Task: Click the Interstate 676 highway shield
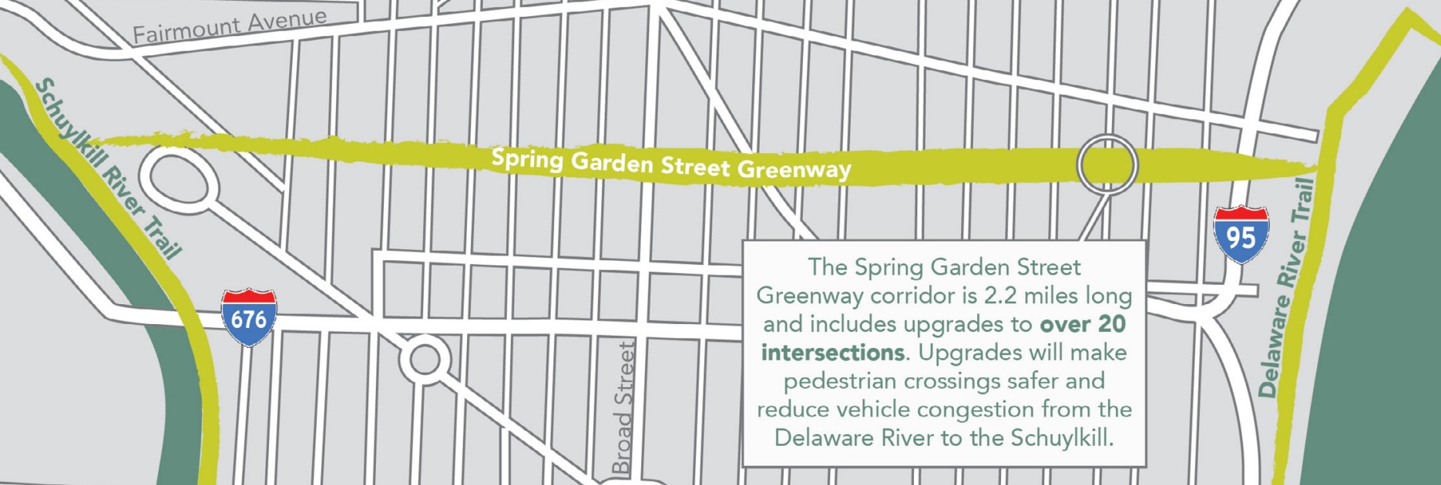pyautogui.click(x=248, y=316)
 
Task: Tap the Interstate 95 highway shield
pyautogui.click(x=1241, y=234)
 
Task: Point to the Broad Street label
pyautogui.click(x=624, y=408)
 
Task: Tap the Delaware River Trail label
pyautogui.click(x=1286, y=288)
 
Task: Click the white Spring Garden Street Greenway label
pyautogui.click(x=671, y=163)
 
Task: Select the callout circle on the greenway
pyautogui.click(x=1107, y=164)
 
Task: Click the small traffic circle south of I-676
pyautogui.click(x=424, y=359)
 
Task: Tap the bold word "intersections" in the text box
pyautogui.click(x=832, y=353)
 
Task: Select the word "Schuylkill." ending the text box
pyautogui.click(x=1063, y=438)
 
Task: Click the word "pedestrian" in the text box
pyautogui.click(x=840, y=381)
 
